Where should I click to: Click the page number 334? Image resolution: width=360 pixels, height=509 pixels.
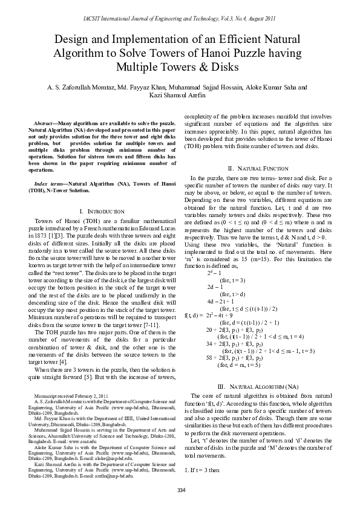tap(180, 490)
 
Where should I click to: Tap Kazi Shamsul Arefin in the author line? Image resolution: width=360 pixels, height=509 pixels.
tap(180, 96)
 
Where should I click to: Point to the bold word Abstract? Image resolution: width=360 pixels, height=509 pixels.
tap(46, 123)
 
